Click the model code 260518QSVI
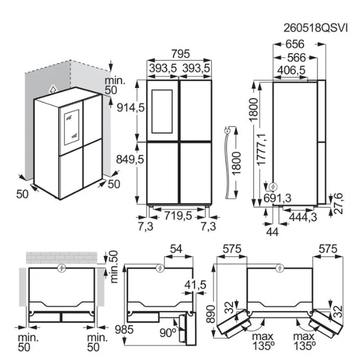[315, 29]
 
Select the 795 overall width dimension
[181, 54]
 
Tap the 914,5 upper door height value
[130, 107]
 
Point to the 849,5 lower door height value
[130, 159]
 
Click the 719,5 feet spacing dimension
[178, 216]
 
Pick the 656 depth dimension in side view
[295, 44]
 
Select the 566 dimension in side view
[297, 58]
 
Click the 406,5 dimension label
[291, 70]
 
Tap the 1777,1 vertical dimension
[262, 149]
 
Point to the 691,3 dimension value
[277, 198]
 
